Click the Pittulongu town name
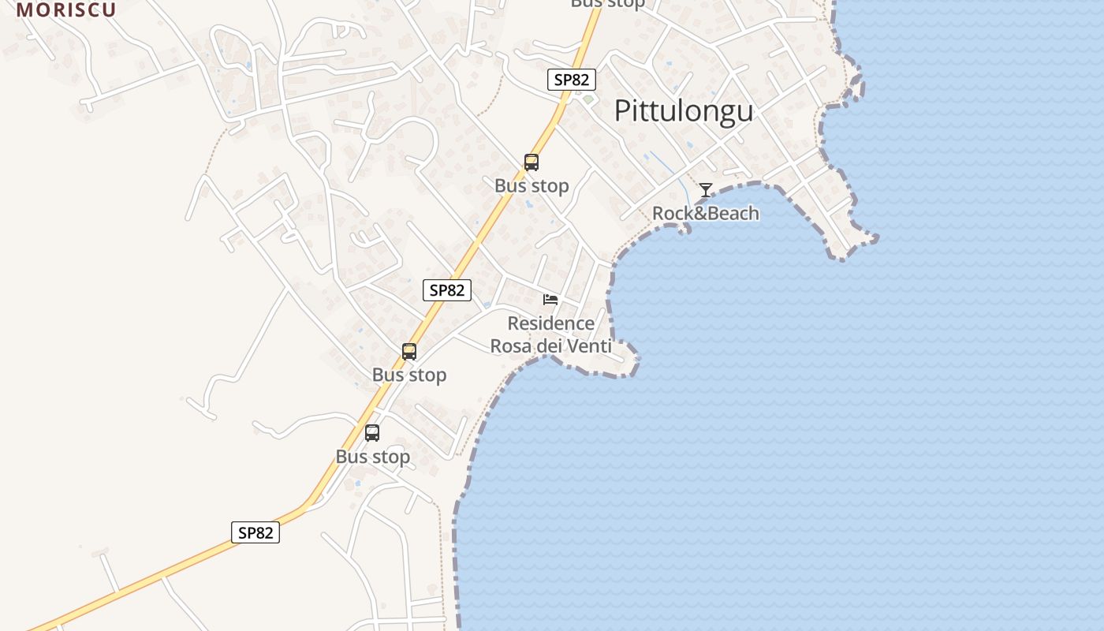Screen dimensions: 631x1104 [x=684, y=111]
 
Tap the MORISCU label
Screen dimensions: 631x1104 [x=66, y=9]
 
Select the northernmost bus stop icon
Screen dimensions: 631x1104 [x=531, y=162]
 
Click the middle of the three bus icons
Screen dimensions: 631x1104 [x=409, y=352]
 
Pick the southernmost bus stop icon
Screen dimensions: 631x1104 [x=372, y=433]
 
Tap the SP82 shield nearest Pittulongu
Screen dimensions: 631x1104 [x=572, y=80]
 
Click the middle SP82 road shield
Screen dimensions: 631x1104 [x=447, y=290]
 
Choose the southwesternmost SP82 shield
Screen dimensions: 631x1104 [x=255, y=532]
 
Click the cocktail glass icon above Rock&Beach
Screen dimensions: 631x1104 [x=706, y=190]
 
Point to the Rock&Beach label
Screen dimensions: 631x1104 [x=706, y=213]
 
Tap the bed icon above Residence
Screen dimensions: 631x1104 [x=550, y=300]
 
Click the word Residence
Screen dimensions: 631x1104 [x=551, y=323]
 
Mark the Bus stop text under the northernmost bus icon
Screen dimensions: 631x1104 [x=531, y=186]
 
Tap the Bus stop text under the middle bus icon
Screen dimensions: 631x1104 [x=409, y=375]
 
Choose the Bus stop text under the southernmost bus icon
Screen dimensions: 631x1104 [x=373, y=457]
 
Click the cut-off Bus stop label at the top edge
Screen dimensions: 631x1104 [x=607, y=3]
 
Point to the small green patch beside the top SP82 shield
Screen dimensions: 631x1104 [x=587, y=100]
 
